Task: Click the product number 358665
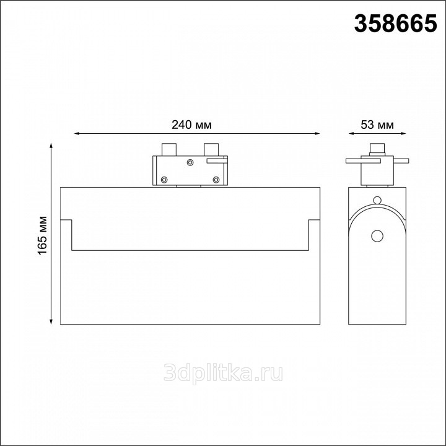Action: pyautogui.click(x=395, y=24)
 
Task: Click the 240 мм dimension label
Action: pyautogui.click(x=191, y=125)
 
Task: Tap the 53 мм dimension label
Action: pyautogui.click(x=377, y=125)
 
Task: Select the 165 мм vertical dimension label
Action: pyautogui.click(x=43, y=235)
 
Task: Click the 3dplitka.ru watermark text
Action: pyautogui.click(x=223, y=373)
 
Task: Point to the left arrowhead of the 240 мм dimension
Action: pyautogui.click(x=77, y=133)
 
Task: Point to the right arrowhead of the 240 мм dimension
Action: pyautogui.click(x=317, y=133)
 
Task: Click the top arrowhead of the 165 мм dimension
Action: pyautogui.click(x=51, y=146)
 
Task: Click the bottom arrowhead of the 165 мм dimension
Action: pyautogui.click(x=51, y=321)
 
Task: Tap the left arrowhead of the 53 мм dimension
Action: pyautogui.click(x=352, y=133)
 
